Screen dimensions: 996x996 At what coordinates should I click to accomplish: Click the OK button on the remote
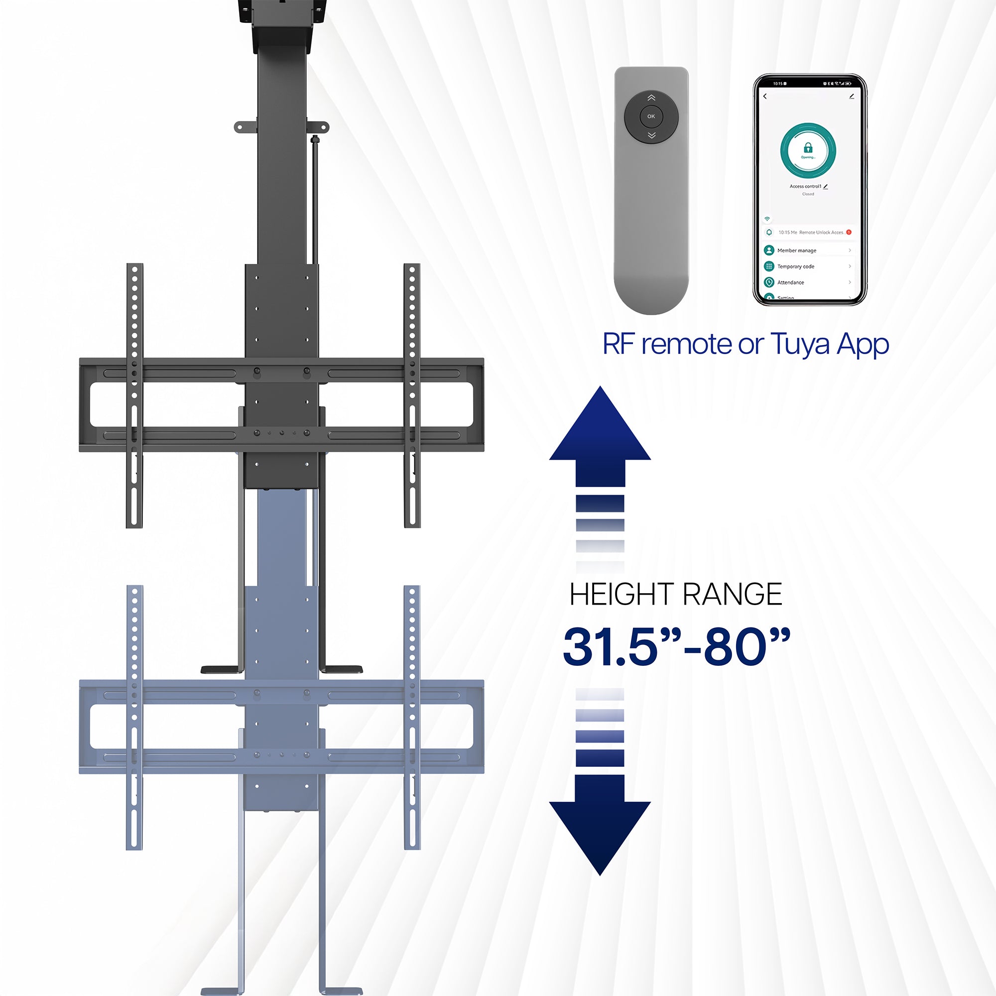(651, 116)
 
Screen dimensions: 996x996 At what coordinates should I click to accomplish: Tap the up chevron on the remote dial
(651, 98)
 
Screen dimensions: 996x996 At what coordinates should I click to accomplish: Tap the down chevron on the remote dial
(651, 135)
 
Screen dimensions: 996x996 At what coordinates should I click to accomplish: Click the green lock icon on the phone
(808, 148)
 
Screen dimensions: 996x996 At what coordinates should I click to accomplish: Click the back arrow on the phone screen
(765, 97)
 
